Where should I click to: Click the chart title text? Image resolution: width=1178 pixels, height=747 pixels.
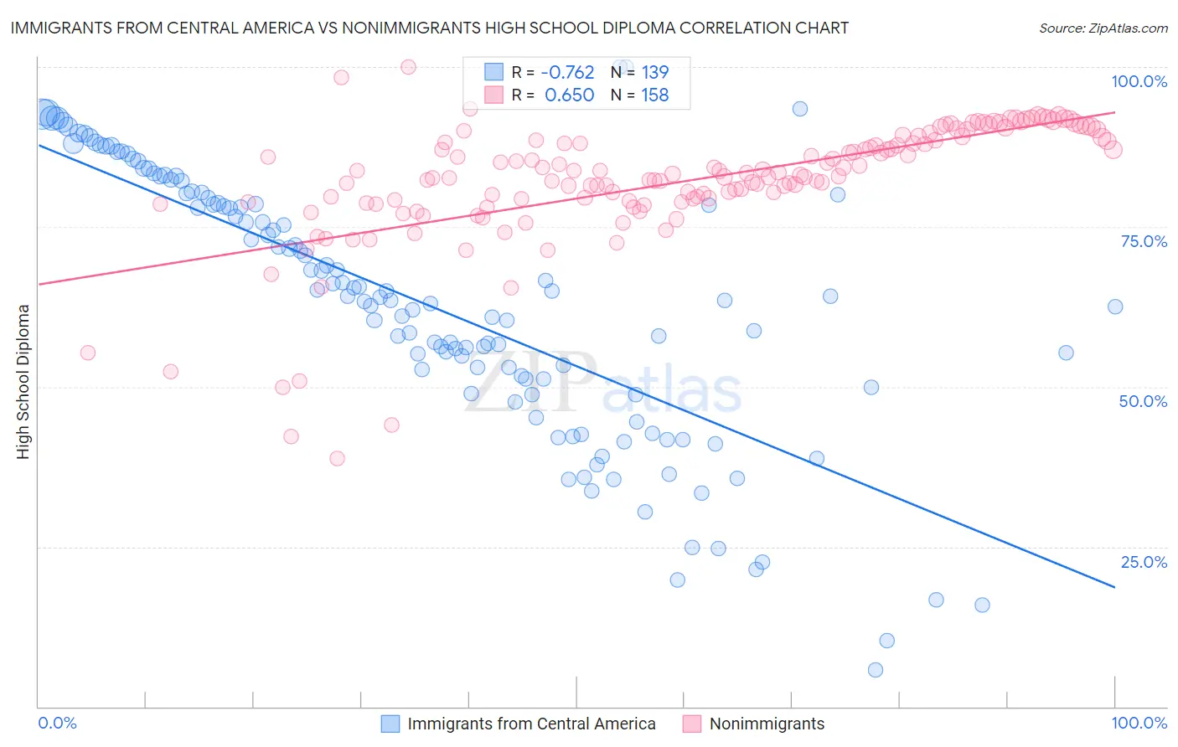[x=429, y=28]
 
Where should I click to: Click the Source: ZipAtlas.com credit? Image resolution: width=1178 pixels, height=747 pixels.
[x=1103, y=28]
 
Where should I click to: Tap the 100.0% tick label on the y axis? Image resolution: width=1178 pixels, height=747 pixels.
[x=1139, y=81]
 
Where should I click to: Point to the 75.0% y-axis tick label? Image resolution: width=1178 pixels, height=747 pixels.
[x=1144, y=241]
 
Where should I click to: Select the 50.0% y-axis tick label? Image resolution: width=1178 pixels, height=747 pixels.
[x=1143, y=401]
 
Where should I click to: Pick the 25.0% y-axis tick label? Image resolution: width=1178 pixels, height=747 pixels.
[x=1144, y=562]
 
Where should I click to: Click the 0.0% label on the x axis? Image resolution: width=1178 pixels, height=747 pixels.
[x=57, y=723]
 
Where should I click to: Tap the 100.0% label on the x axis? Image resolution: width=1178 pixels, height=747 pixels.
[x=1139, y=723]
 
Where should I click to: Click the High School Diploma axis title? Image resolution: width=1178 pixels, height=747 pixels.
[x=23, y=381]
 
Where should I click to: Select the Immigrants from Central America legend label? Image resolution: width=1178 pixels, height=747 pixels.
[x=531, y=724]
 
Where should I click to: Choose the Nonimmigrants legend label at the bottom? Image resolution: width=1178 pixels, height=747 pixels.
[x=767, y=724]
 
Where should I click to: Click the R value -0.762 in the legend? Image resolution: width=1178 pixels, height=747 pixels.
[x=567, y=72]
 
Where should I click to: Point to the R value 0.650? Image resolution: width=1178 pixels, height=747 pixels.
[x=569, y=95]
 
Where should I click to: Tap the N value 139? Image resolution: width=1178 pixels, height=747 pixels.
[x=655, y=72]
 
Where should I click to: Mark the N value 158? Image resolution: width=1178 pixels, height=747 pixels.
[x=655, y=95]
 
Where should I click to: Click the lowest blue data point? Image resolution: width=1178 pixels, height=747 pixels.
[x=876, y=670]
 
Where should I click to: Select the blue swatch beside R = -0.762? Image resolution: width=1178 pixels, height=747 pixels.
[x=494, y=72]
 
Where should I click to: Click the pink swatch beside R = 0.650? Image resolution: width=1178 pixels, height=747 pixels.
[x=494, y=95]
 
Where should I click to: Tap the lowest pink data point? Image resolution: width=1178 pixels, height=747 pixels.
[x=337, y=458]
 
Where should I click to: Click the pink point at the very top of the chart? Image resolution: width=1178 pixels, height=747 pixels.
[x=408, y=67]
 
